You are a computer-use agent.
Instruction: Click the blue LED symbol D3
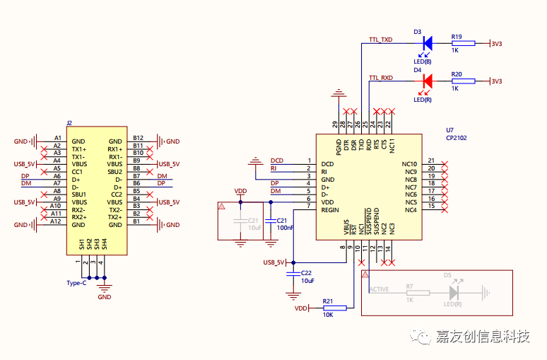click(x=427, y=43)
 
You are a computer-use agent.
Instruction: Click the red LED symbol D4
click(x=427, y=81)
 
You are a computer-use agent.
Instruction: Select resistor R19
click(x=463, y=44)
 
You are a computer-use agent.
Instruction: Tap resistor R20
click(x=463, y=81)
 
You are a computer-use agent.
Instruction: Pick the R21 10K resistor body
click(x=334, y=308)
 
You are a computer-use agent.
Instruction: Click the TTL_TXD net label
click(x=380, y=40)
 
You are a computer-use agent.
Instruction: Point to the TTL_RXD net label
click(x=380, y=77)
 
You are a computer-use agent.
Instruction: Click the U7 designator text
click(x=449, y=130)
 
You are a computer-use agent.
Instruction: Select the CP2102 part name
click(x=456, y=138)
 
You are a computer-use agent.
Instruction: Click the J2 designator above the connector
click(x=69, y=122)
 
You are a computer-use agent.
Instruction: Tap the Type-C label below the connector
click(x=76, y=283)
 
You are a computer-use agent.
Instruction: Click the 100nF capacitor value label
click(x=286, y=228)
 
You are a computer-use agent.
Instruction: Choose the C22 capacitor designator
click(x=305, y=272)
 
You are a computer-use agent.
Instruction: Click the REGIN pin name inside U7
click(x=330, y=210)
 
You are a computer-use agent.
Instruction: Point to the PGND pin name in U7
click(x=339, y=146)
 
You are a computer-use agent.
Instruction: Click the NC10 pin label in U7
click(x=410, y=164)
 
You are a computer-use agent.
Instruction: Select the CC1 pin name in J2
click(x=78, y=172)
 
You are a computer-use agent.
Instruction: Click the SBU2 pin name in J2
click(x=115, y=172)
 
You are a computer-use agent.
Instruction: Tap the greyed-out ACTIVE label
click(x=379, y=289)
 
